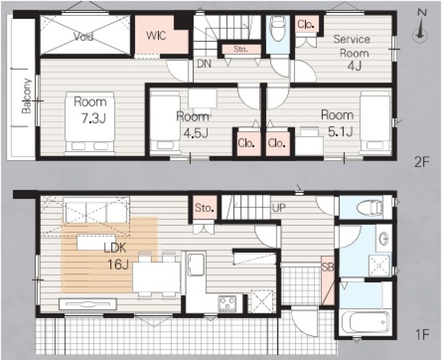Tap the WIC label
(156, 36)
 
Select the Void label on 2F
(84, 36)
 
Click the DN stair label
(204, 64)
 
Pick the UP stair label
(279, 208)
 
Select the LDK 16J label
(115, 257)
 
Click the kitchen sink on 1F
(196, 264)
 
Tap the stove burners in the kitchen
(227, 303)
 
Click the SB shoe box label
(328, 267)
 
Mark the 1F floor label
(422, 336)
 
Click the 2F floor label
(422, 163)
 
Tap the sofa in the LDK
(96, 210)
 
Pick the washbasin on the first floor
(384, 239)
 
